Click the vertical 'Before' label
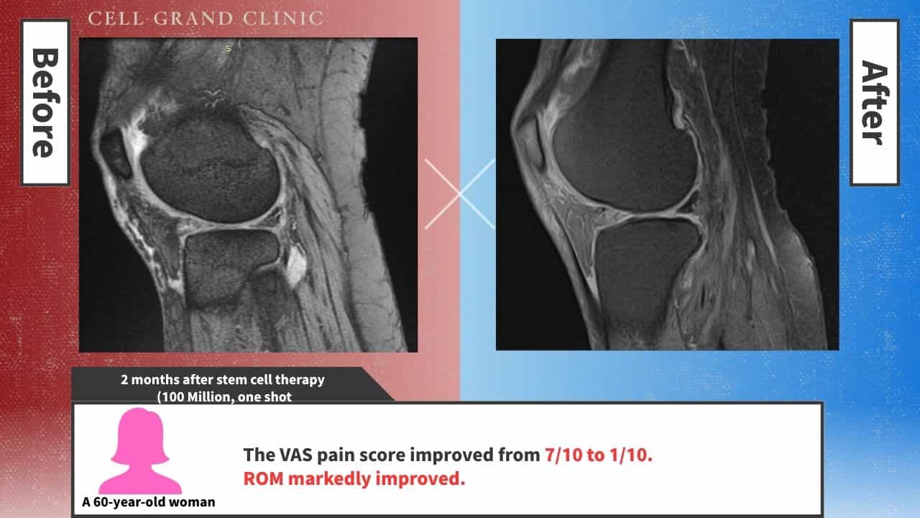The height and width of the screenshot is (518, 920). [x=45, y=103]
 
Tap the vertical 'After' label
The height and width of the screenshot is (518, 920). [x=874, y=103]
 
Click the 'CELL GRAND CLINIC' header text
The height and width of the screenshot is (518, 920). [x=205, y=19]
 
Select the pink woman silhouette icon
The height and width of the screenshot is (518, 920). [x=139, y=450]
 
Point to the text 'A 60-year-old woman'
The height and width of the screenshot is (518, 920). [x=148, y=501]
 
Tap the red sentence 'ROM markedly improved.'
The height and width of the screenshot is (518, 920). [x=354, y=478]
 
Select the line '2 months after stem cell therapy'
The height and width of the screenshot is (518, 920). [x=222, y=379]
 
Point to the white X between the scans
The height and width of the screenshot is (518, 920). [x=459, y=194]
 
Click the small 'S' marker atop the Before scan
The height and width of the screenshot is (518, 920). [x=229, y=48]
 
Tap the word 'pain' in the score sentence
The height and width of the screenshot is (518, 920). [x=341, y=455]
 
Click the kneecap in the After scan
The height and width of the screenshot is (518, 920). [x=529, y=144]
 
